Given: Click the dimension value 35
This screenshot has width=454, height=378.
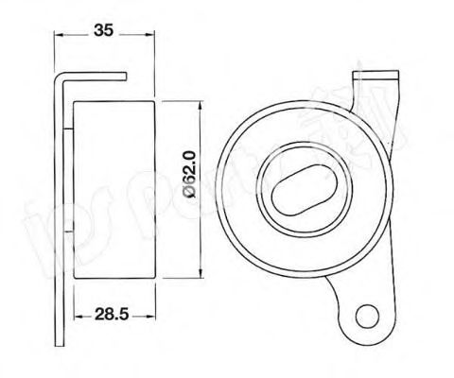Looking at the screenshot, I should tap(104, 30).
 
